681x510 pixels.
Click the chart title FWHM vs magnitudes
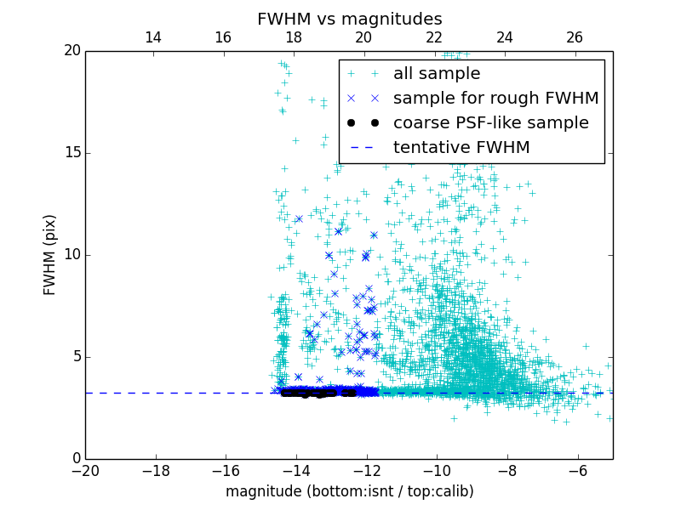[349, 19]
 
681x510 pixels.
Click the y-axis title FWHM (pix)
[50, 254]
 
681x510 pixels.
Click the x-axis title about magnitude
[349, 491]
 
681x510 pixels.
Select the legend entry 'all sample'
[436, 74]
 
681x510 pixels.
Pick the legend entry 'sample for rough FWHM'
[495, 99]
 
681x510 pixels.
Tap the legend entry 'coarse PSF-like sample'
[490, 123]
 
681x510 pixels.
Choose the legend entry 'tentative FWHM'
[461, 148]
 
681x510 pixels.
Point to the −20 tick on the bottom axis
[85, 470]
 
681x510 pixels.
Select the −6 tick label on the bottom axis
[577, 470]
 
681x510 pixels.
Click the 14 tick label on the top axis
[153, 37]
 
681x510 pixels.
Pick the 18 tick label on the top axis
[294, 37]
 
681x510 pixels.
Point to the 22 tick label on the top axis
[434, 37]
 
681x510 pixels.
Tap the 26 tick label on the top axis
[575, 37]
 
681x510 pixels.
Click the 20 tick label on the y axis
[72, 51]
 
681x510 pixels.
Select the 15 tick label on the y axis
[72, 153]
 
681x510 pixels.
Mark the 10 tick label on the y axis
[72, 255]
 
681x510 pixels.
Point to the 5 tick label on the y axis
[76, 357]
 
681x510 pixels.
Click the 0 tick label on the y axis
[76, 459]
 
